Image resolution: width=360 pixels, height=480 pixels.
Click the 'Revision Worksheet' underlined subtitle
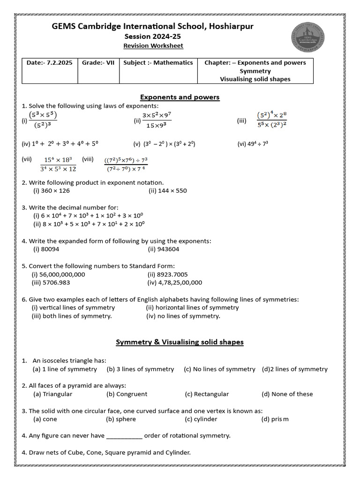[153, 45]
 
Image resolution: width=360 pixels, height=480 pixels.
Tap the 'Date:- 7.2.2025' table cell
[50, 62]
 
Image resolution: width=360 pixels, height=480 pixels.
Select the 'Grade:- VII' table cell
[98, 62]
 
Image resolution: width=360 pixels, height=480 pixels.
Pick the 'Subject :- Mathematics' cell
[158, 62]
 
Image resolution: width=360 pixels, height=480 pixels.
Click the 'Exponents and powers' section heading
[180, 97]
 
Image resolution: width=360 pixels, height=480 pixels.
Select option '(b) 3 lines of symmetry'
[140, 369]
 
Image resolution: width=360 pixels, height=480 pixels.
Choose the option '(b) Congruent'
[127, 394]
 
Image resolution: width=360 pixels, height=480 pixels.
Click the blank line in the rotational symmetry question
[124, 436]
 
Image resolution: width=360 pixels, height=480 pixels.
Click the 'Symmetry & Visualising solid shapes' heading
[180, 342]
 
